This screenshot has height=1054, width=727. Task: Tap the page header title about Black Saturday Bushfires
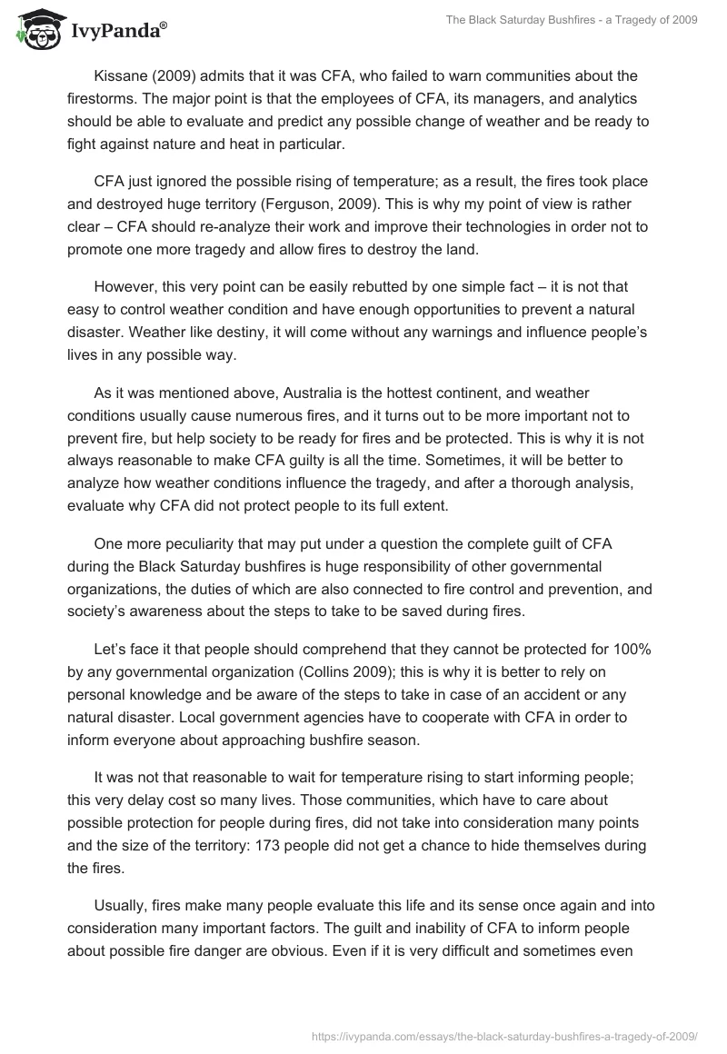click(x=571, y=20)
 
